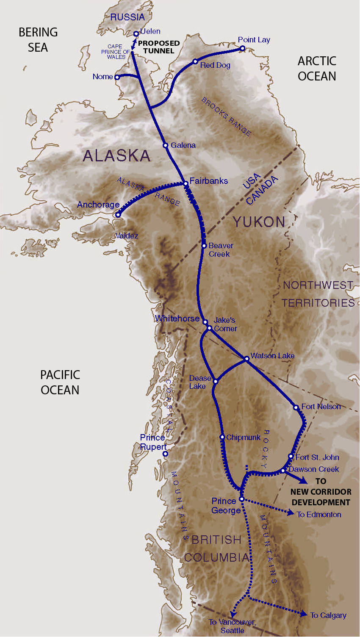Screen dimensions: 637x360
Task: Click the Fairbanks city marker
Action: (x=186, y=183)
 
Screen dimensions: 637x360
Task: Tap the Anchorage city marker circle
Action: (x=118, y=215)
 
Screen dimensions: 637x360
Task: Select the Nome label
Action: (x=102, y=77)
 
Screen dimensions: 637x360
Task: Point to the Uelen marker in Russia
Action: (x=136, y=33)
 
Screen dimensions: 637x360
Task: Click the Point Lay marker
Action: (x=243, y=48)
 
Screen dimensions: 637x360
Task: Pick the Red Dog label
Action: (x=215, y=65)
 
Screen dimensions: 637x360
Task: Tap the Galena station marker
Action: (x=166, y=145)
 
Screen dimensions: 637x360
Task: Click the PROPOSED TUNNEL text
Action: (x=159, y=47)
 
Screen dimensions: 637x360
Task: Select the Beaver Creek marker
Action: (x=204, y=246)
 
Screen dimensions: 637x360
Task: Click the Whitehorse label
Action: (x=177, y=318)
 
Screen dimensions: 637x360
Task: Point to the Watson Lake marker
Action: (x=247, y=359)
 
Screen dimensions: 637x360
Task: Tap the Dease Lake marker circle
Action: (x=215, y=381)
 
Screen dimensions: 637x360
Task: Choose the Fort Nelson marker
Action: (x=296, y=407)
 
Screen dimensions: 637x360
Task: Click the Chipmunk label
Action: (x=243, y=438)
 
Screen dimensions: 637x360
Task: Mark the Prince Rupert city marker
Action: (x=166, y=454)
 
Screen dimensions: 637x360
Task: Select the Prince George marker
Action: (x=241, y=499)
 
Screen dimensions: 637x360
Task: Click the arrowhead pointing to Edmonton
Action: (x=291, y=513)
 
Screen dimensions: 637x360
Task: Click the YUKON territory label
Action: (x=259, y=222)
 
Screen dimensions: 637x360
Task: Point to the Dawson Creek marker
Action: (x=283, y=471)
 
